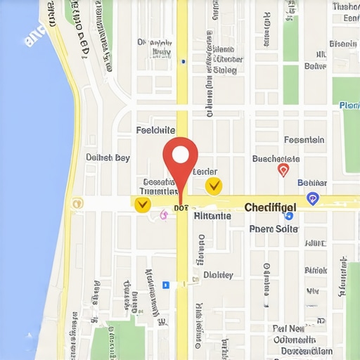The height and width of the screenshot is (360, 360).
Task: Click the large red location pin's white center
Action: point(181,154)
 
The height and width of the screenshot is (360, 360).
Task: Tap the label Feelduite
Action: point(155,130)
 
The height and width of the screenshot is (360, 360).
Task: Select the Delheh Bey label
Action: point(108,157)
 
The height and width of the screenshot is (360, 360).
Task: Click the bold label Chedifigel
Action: point(270,207)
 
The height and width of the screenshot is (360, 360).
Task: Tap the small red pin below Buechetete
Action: point(283,170)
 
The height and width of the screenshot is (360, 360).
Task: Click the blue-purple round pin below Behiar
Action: point(314,199)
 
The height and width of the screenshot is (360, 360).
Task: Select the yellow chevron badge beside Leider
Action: point(214,186)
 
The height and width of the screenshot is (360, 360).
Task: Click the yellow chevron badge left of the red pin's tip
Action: point(142,205)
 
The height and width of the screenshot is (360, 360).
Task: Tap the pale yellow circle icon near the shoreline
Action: point(77,203)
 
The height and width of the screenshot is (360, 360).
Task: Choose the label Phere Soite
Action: point(274,229)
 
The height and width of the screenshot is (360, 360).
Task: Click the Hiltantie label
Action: point(212,217)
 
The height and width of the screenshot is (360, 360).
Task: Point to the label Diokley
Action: point(217,275)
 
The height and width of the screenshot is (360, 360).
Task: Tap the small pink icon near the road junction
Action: point(164,214)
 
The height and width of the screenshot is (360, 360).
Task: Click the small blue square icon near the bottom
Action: point(166,285)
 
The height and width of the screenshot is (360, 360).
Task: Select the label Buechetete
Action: point(281,159)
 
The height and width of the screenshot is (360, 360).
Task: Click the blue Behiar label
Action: point(312,183)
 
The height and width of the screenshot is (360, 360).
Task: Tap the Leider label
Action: point(205,172)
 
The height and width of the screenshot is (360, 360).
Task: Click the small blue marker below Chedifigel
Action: point(289,217)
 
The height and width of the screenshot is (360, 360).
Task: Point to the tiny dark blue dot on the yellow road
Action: point(183,62)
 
